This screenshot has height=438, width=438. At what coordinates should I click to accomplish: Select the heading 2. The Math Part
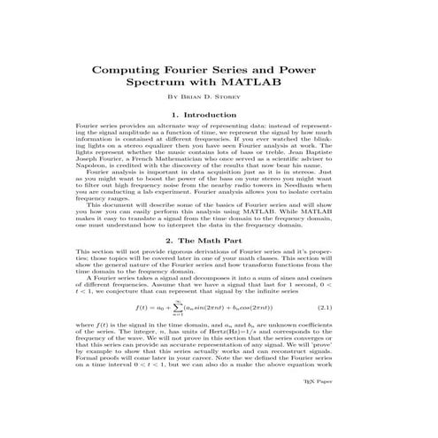coord(218,240)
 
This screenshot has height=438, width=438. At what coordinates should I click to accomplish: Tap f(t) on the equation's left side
coord(143,309)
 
